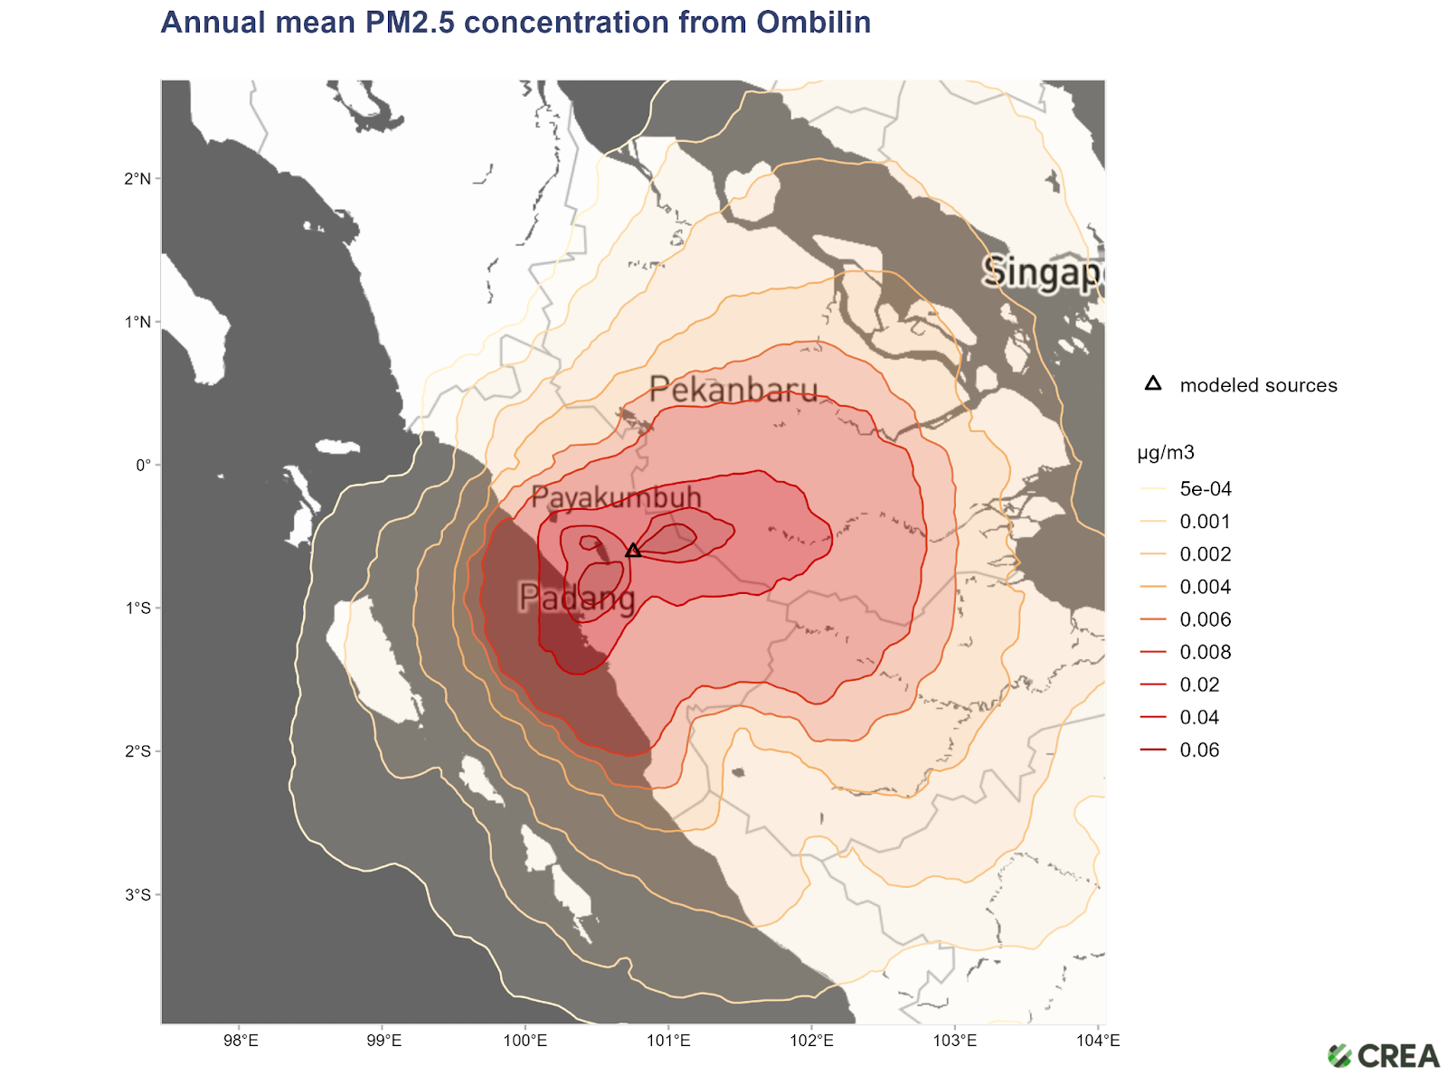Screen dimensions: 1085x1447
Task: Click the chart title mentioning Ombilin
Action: (x=515, y=23)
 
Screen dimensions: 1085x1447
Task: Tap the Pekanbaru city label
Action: (x=733, y=390)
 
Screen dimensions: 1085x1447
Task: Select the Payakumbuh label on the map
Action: (x=616, y=497)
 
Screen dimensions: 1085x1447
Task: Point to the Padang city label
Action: (x=577, y=598)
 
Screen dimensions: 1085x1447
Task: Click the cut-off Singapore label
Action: (x=1042, y=271)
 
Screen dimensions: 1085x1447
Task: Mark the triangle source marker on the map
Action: (x=633, y=550)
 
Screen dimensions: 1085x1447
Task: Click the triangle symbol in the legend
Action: (x=1153, y=383)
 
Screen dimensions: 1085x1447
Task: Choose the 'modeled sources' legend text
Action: (x=1258, y=385)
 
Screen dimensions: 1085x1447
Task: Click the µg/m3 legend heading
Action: (x=1166, y=453)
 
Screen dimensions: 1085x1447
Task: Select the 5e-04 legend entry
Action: (x=1206, y=489)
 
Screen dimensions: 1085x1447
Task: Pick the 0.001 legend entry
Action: (x=1205, y=522)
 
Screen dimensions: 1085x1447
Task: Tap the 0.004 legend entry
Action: (x=1205, y=587)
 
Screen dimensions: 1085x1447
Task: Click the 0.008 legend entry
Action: (x=1205, y=652)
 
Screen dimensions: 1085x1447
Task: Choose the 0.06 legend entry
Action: (x=1199, y=750)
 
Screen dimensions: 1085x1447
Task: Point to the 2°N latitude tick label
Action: (x=138, y=179)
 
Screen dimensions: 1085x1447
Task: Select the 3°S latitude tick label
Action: (x=138, y=895)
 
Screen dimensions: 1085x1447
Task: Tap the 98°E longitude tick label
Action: (x=241, y=1041)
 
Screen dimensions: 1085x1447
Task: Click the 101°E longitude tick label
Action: (x=668, y=1041)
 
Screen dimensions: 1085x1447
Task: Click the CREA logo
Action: (x=1384, y=1056)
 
